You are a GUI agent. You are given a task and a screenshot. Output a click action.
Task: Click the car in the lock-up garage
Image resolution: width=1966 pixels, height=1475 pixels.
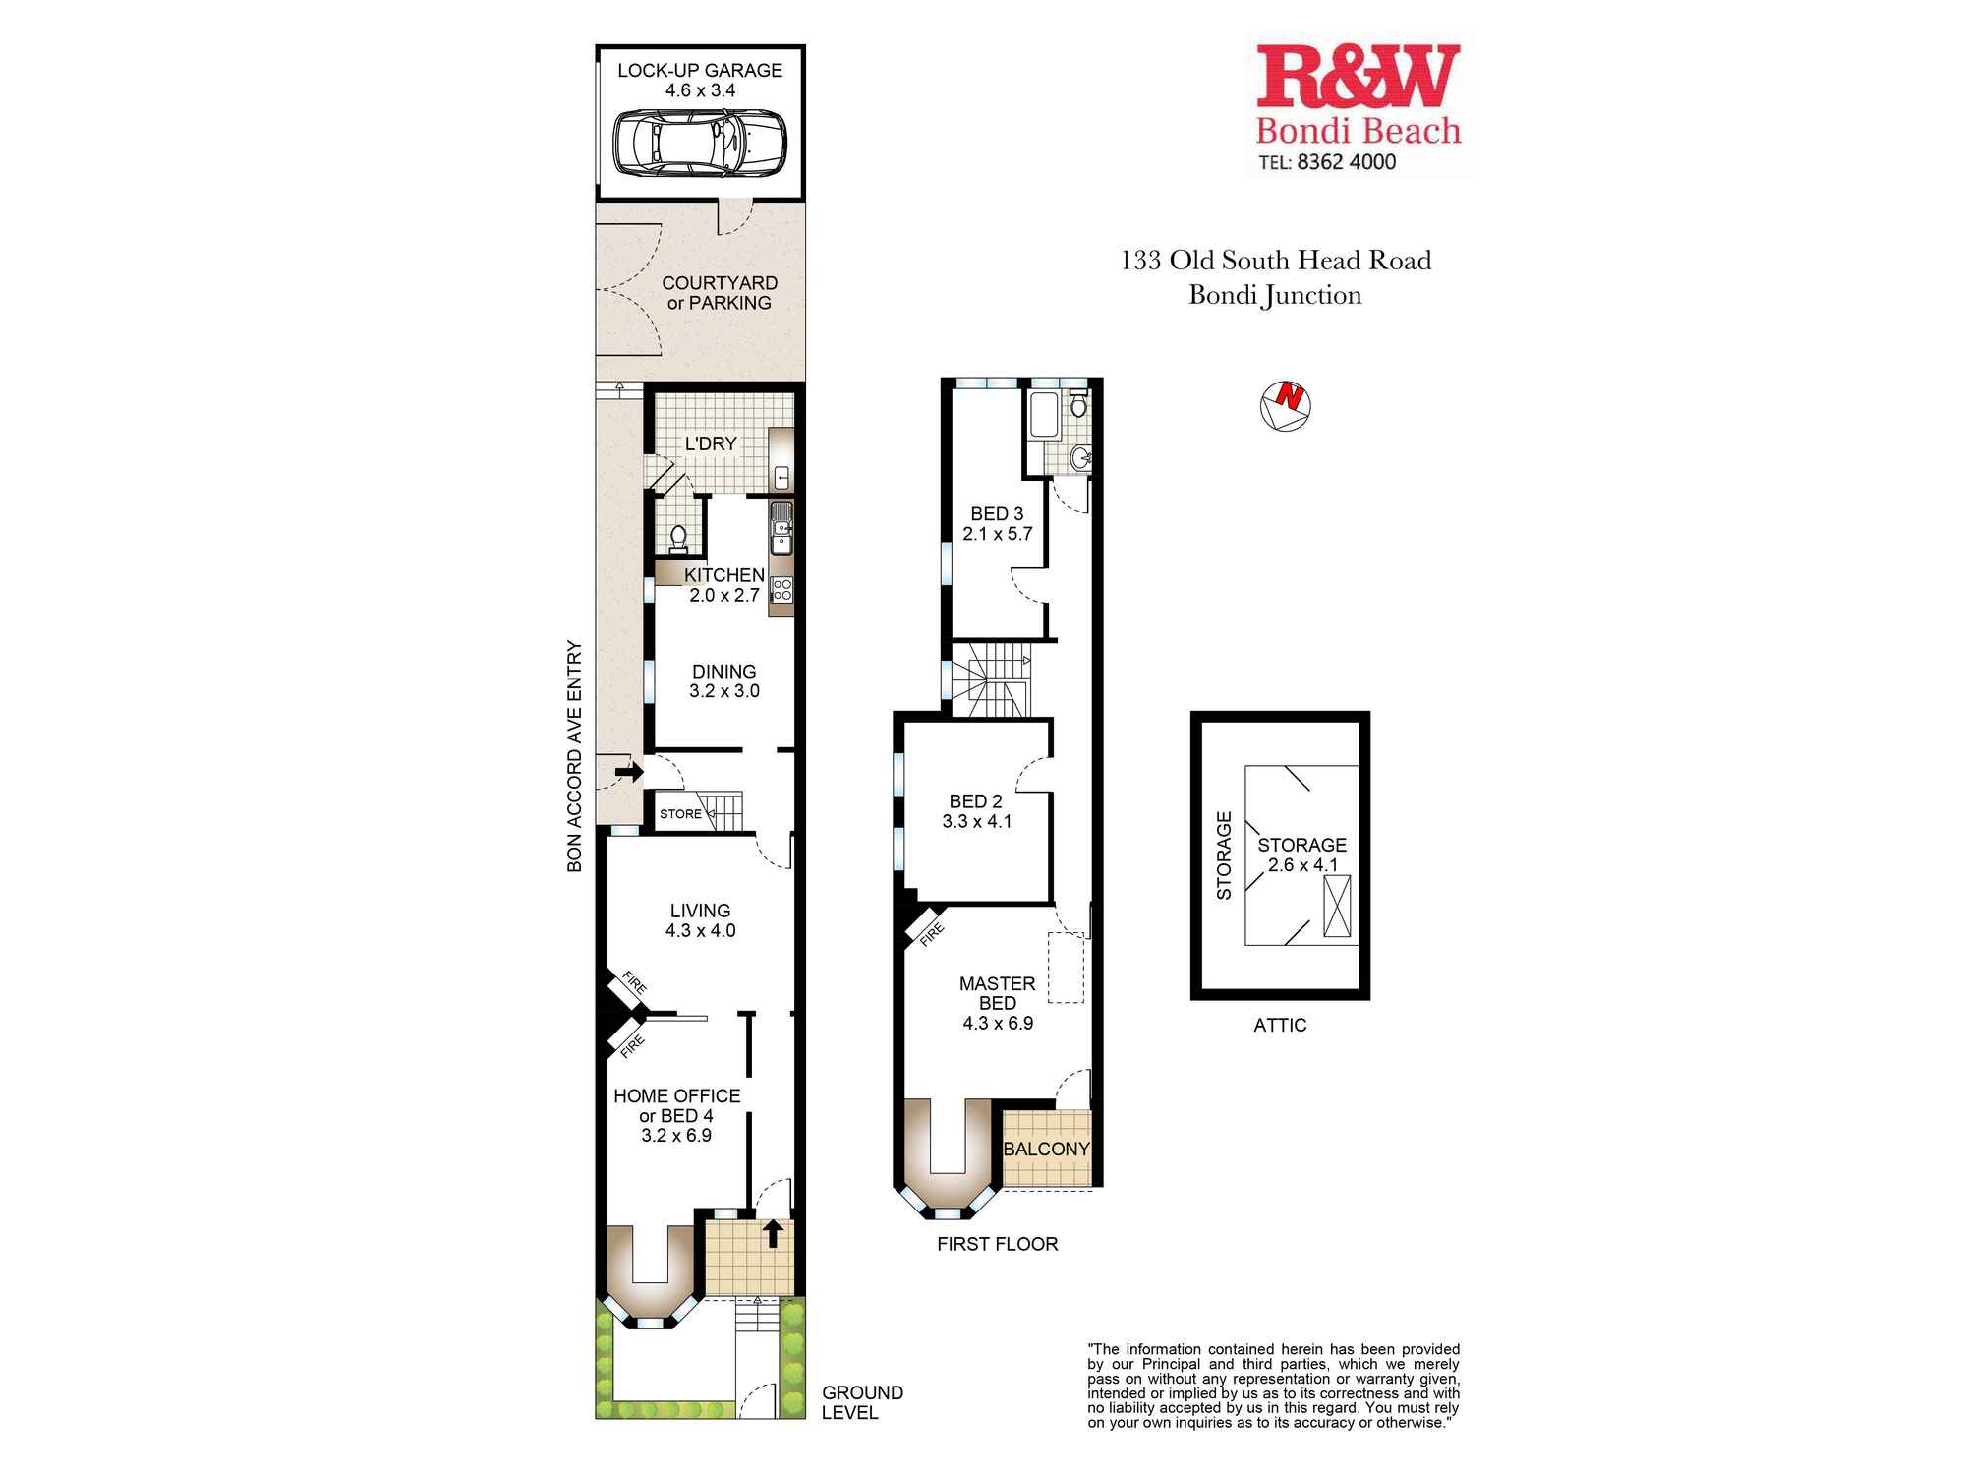pos(700,144)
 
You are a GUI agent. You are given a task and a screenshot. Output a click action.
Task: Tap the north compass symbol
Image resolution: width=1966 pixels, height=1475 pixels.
pos(1286,405)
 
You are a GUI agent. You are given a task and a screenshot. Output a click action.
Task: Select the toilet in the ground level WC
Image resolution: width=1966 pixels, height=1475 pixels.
pos(677,538)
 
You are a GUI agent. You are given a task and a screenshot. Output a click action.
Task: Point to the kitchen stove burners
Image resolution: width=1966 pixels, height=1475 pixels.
pos(782,590)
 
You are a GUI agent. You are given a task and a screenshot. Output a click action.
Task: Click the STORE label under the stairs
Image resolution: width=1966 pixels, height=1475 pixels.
pos(680,814)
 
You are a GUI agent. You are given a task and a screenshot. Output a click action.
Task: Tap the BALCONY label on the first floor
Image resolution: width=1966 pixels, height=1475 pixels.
pos(1046,1149)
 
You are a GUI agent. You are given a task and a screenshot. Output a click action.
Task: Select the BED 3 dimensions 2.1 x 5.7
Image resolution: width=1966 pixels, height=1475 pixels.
pos(997,534)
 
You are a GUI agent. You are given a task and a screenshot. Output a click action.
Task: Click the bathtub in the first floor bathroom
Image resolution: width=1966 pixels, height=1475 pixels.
pos(1042,415)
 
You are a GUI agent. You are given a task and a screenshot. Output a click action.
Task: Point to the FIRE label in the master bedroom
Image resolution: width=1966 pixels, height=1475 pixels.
pos(931,934)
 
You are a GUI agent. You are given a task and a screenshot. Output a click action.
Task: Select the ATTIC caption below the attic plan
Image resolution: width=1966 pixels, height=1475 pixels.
pos(1280,1025)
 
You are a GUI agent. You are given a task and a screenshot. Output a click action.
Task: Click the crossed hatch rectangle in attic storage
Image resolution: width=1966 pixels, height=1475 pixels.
pos(1337,906)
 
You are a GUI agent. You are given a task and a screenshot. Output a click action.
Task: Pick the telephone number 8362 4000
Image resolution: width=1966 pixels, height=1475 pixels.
pos(1346,162)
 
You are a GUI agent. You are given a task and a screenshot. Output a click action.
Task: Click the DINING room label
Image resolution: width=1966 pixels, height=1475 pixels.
pos(723,672)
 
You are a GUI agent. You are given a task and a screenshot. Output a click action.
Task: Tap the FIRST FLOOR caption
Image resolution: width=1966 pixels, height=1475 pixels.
pos(997,1244)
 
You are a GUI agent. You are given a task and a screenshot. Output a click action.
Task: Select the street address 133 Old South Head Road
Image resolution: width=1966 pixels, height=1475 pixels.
pos(1275,261)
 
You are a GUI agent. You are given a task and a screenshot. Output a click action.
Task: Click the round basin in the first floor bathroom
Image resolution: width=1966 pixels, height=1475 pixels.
pos(1080,456)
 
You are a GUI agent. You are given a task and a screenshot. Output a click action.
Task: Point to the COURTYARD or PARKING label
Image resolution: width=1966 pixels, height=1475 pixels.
pos(719,293)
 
